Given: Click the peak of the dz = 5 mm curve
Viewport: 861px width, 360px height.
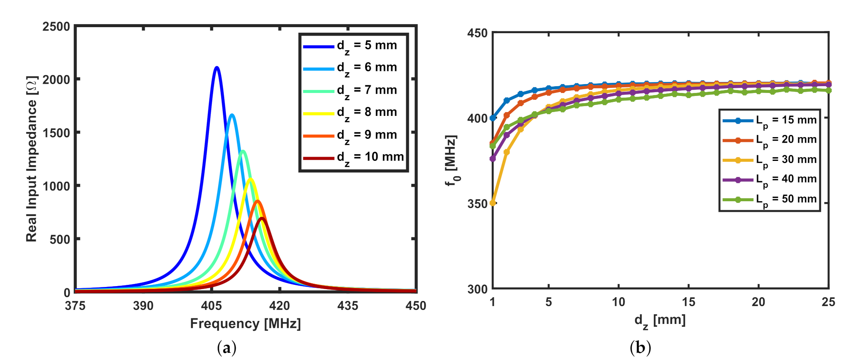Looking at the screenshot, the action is click(x=217, y=67).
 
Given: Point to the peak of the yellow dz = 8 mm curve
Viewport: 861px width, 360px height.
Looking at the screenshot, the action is click(x=250, y=179).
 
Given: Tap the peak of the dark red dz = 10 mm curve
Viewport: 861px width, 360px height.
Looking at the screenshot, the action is click(x=262, y=218).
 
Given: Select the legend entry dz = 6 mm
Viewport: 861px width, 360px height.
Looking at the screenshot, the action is click(x=351, y=68).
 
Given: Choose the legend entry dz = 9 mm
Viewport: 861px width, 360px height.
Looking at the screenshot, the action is click(x=351, y=135).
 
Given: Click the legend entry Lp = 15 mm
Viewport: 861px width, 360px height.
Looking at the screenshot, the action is click(x=770, y=121).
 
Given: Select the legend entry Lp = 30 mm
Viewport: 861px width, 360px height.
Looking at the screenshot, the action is click(x=770, y=160).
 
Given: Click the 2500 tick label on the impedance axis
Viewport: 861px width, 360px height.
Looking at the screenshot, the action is click(x=56, y=27).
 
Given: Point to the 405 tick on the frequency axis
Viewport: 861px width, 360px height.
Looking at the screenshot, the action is click(x=211, y=306).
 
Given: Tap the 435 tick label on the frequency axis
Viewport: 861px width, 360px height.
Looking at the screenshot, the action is click(x=348, y=306).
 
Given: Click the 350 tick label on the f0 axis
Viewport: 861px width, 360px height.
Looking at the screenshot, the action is click(x=477, y=204).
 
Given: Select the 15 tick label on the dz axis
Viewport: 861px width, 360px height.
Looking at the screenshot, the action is click(x=689, y=302).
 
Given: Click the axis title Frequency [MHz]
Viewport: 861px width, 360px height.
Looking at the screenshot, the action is click(x=245, y=324).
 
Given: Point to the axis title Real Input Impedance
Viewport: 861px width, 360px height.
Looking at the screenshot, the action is click(x=32, y=159).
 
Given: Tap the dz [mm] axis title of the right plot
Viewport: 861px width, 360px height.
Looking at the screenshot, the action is click(x=660, y=321).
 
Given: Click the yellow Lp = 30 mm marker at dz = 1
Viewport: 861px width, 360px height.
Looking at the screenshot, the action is click(x=492, y=203).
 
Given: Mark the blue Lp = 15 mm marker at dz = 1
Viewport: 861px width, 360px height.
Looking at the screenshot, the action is click(x=492, y=118).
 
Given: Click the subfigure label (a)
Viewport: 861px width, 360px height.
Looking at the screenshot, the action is click(x=226, y=348).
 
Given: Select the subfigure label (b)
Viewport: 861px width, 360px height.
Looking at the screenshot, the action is click(x=641, y=348).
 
